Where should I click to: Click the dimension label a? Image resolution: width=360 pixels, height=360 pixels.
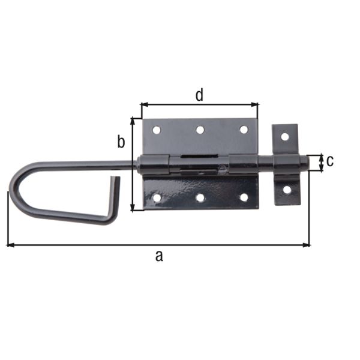pyautogui.click(x=159, y=256)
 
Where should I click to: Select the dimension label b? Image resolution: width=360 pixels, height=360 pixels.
pyautogui.click(x=121, y=142)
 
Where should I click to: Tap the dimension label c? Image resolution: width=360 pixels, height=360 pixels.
pyautogui.click(x=330, y=161)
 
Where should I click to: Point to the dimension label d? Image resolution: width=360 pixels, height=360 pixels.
pyautogui.click(x=199, y=94)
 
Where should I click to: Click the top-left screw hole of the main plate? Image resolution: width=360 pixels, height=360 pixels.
pyautogui.click(x=157, y=130)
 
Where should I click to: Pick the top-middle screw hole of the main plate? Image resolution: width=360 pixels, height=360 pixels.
pyautogui.click(x=200, y=130)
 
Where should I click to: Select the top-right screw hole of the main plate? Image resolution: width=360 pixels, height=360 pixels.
pyautogui.click(x=244, y=130)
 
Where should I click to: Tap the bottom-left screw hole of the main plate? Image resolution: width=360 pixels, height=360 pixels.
pyautogui.click(x=157, y=197)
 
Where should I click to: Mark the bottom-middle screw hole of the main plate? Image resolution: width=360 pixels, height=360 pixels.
pyautogui.click(x=200, y=197)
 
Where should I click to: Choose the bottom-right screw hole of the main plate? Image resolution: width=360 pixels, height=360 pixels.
pyautogui.click(x=244, y=197)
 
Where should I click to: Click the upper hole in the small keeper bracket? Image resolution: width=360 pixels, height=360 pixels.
pyautogui.click(x=285, y=137)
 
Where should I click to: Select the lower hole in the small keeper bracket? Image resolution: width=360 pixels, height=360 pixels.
pyautogui.click(x=287, y=190)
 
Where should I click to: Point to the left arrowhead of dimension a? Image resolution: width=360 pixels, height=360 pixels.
pyautogui.click(x=10, y=245)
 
